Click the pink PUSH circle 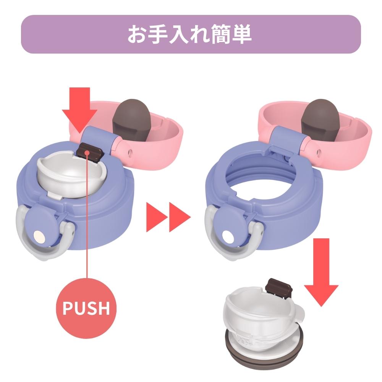[86, 308]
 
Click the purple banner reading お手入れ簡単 [191, 34]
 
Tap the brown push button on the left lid [90, 152]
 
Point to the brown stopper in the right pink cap [320, 121]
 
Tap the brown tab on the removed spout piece [280, 288]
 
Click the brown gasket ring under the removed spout [264, 356]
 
